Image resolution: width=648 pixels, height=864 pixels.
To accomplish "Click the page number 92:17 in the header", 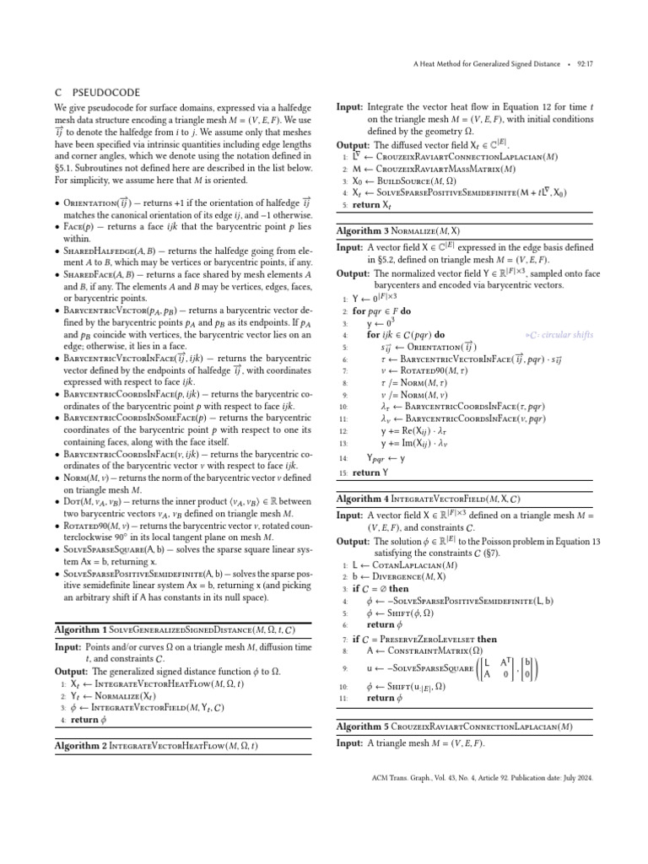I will [x=581, y=63].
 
